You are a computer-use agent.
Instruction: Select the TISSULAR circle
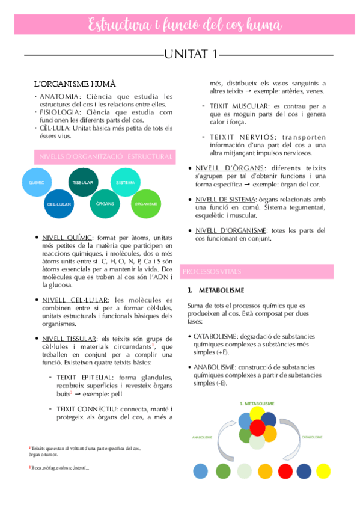click(x=83, y=182)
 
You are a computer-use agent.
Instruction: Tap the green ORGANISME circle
click(x=146, y=204)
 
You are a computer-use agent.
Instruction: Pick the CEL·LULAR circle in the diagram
click(x=60, y=204)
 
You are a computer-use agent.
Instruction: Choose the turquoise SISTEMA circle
click(x=125, y=182)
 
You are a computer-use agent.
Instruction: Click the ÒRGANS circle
click(x=105, y=204)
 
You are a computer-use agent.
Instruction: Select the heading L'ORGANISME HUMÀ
click(x=75, y=83)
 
